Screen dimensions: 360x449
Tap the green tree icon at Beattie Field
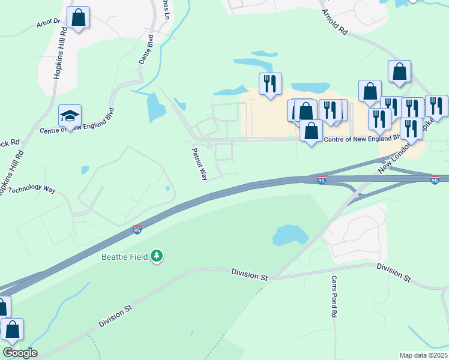157,256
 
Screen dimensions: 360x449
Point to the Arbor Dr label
49,22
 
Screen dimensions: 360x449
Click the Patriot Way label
199,164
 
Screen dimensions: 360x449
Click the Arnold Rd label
334,21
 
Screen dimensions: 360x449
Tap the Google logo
19,353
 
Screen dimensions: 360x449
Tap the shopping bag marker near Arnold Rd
399,71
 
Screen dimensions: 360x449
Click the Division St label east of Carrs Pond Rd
393,272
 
